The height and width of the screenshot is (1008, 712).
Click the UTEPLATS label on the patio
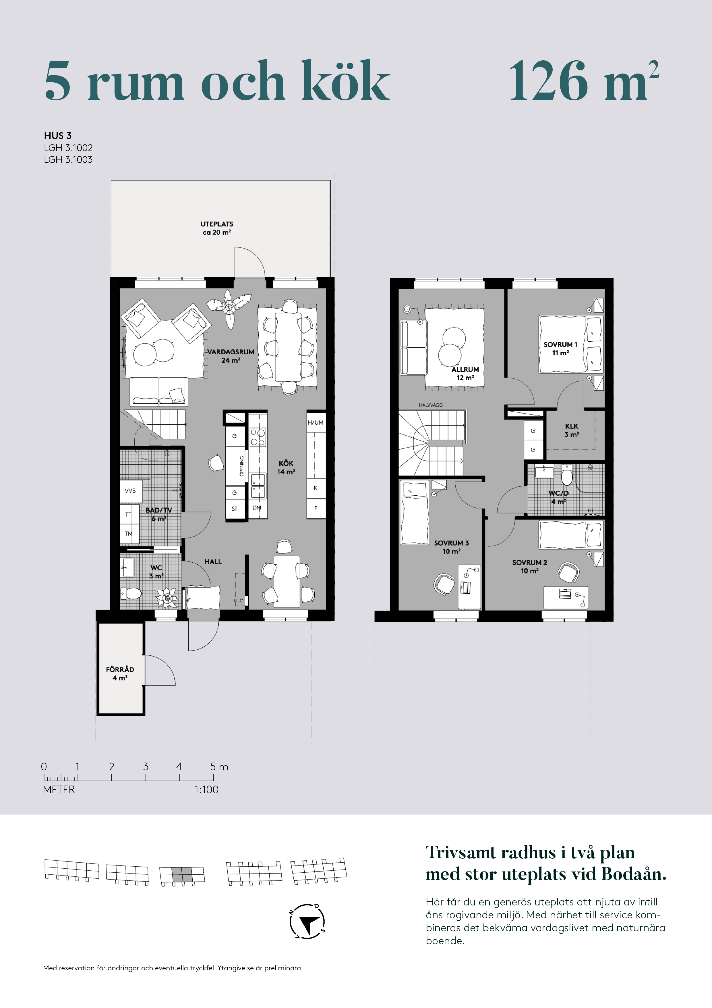[x=217, y=224]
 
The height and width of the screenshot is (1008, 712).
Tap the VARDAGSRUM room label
[x=231, y=352]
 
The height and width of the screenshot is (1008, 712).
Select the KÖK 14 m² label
[x=286, y=468]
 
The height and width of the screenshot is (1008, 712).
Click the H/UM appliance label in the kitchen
[x=316, y=422]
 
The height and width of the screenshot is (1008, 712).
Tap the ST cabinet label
[x=234, y=509]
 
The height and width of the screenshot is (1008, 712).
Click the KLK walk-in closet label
[x=572, y=426]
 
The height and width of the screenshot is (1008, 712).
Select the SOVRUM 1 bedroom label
[x=560, y=345]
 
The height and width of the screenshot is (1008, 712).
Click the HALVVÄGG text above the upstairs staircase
[x=431, y=405]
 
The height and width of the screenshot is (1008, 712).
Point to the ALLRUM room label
[x=465, y=370]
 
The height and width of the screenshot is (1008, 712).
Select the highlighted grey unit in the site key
[x=182, y=875]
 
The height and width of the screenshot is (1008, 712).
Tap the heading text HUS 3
[x=57, y=136]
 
